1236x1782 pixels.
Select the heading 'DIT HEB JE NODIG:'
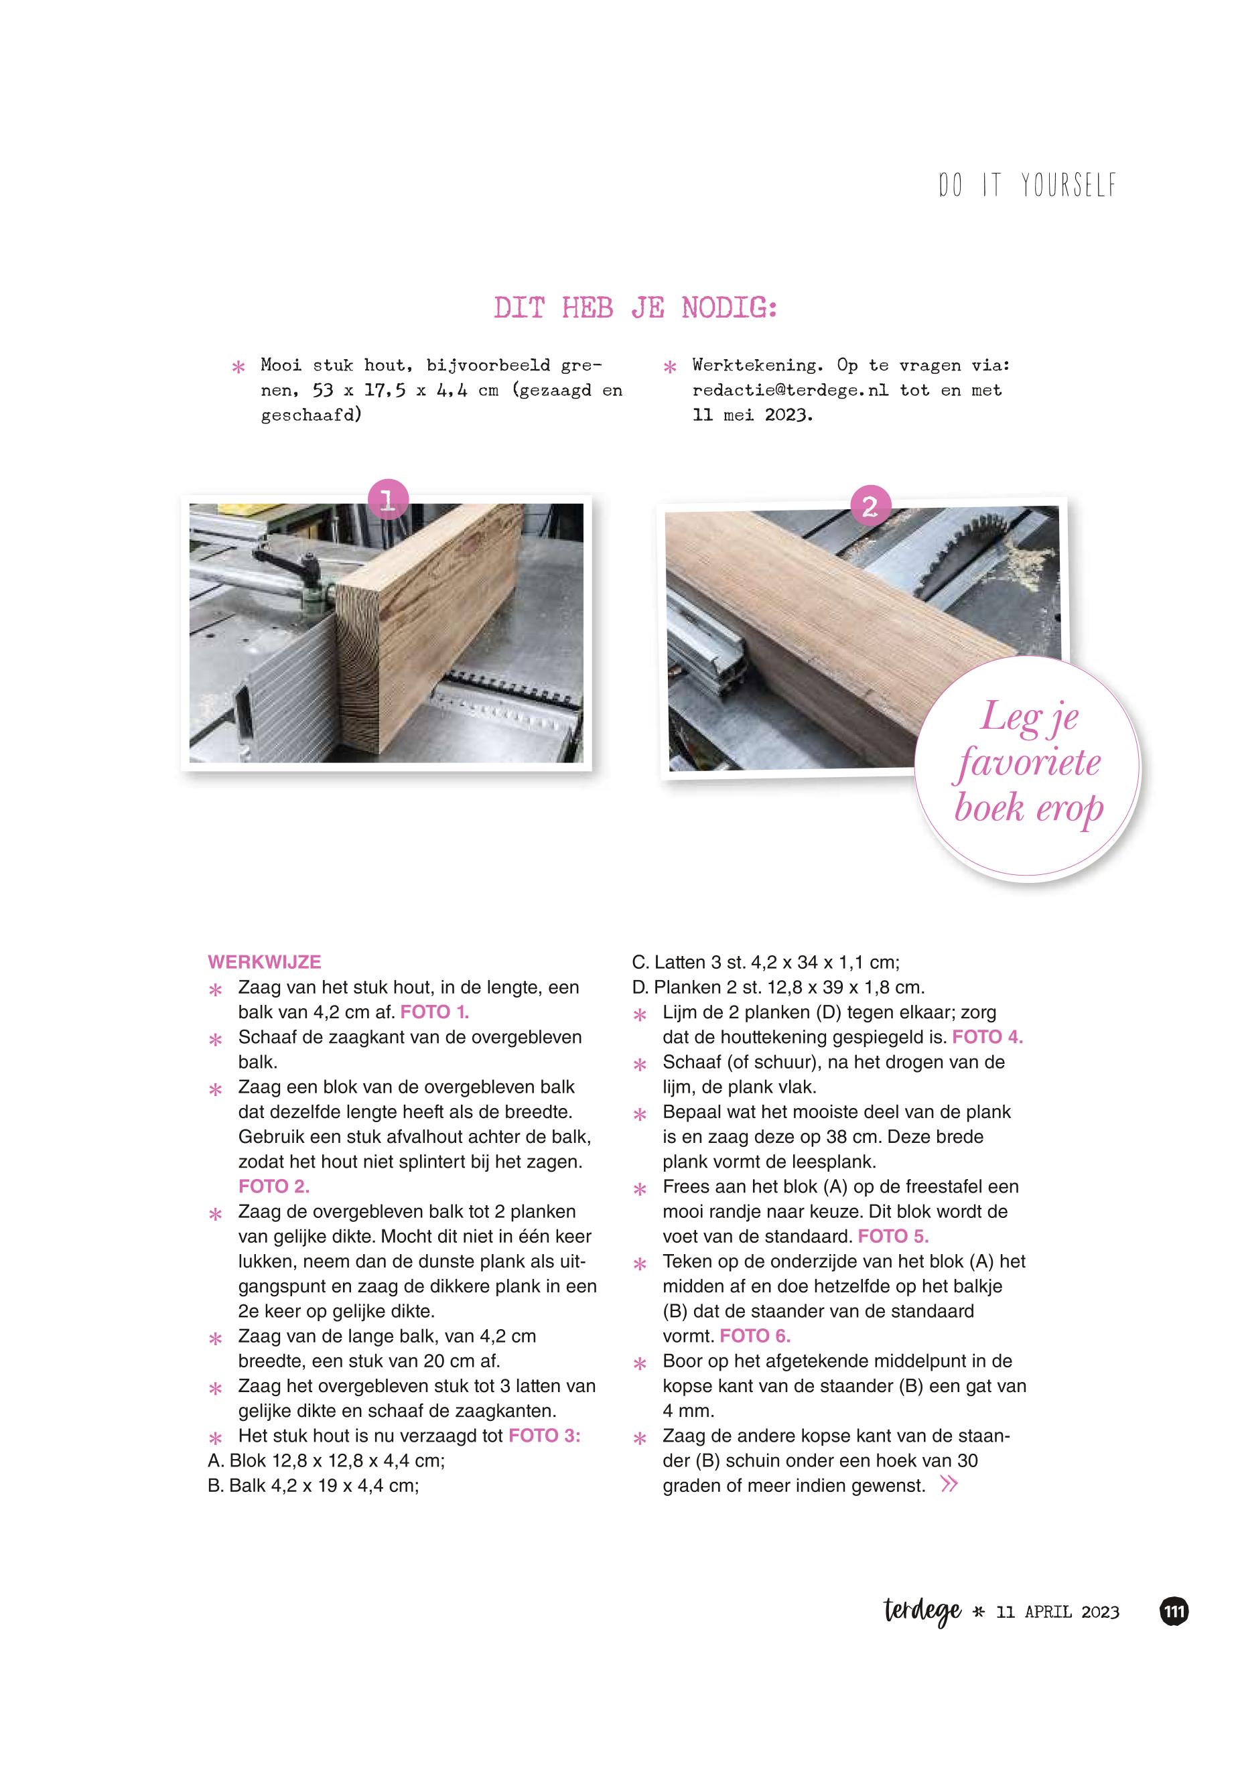pyautogui.click(x=635, y=308)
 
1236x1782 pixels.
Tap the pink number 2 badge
pyautogui.click(x=870, y=506)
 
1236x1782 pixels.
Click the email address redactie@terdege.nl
pyautogui.click(x=790, y=391)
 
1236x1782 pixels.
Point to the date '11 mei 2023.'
pyautogui.click(x=753, y=415)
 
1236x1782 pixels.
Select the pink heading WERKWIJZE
pyautogui.click(x=264, y=962)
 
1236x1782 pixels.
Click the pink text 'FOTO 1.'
pyautogui.click(x=435, y=1012)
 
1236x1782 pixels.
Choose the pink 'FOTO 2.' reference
pyautogui.click(x=273, y=1186)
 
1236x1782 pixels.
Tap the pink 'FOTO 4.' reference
pyautogui.click(x=987, y=1037)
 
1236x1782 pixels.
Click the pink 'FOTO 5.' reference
pyautogui.click(x=893, y=1236)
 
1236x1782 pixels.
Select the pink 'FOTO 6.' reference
pyautogui.click(x=755, y=1336)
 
